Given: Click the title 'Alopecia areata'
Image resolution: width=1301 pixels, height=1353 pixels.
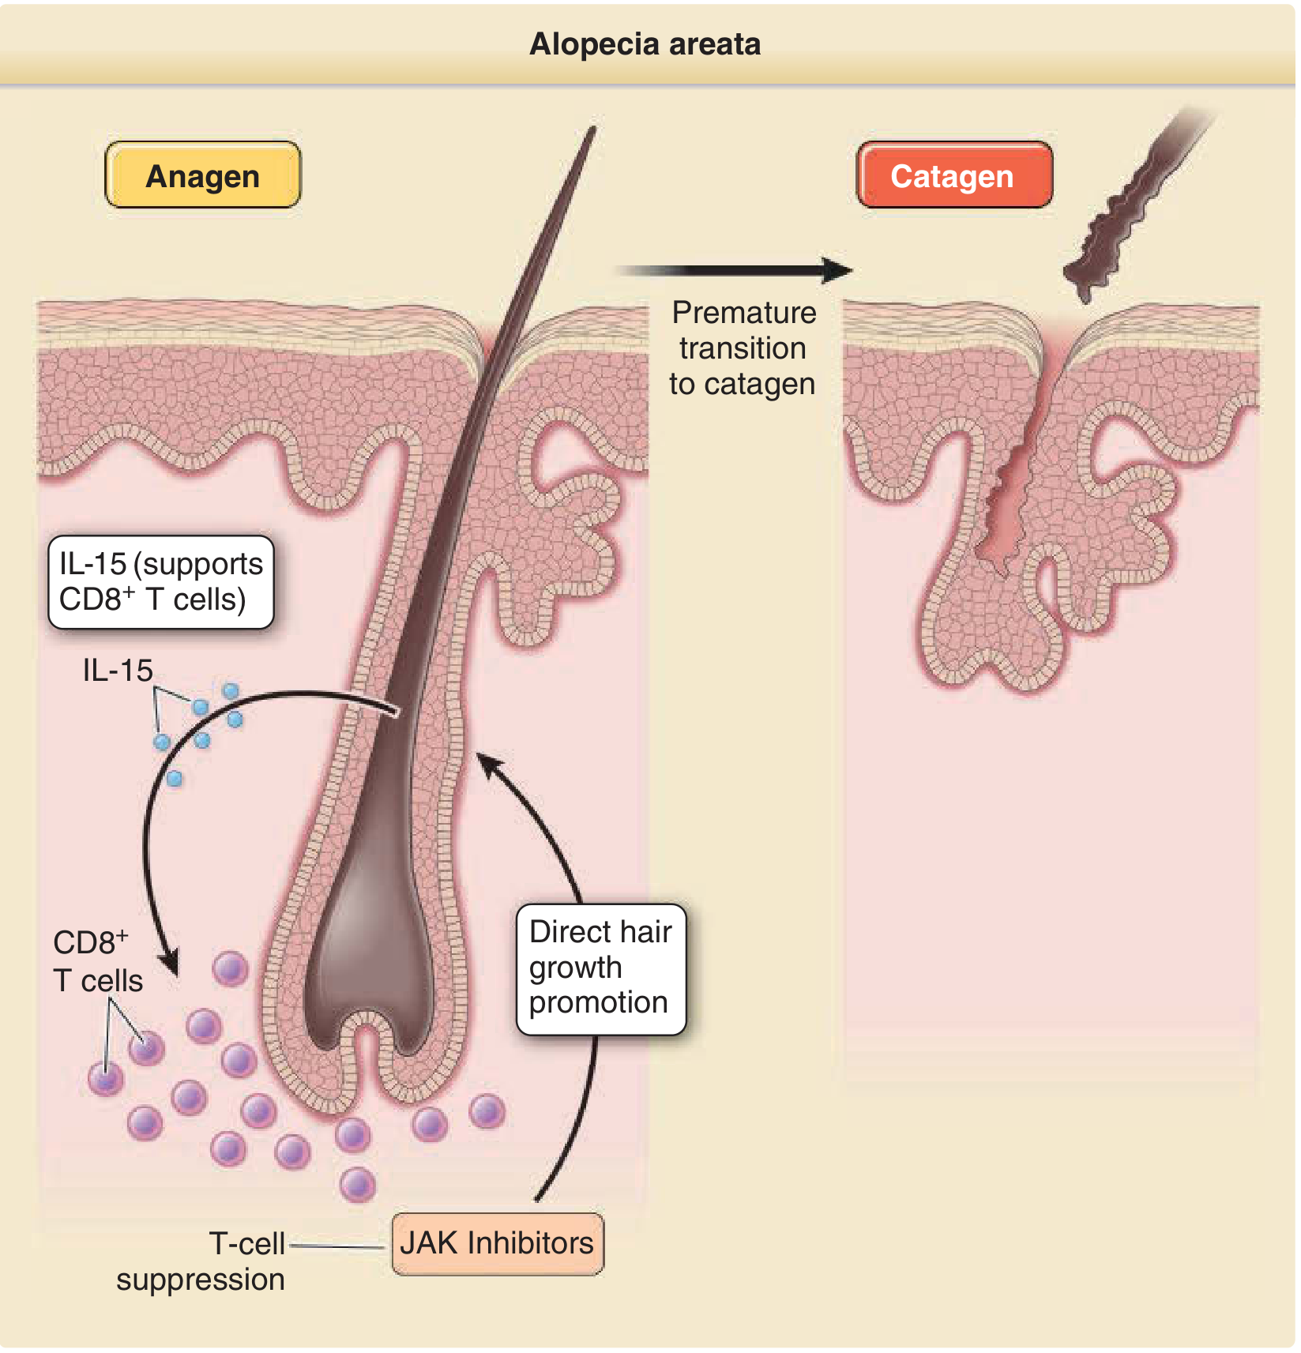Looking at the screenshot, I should pyautogui.click(x=645, y=44).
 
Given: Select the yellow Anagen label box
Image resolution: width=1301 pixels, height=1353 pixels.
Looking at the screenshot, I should pyautogui.click(x=202, y=175).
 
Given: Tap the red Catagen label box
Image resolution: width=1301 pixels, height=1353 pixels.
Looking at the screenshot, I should pyautogui.click(x=953, y=175).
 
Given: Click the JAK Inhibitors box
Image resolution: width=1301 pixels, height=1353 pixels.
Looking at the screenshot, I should pyautogui.click(x=497, y=1243).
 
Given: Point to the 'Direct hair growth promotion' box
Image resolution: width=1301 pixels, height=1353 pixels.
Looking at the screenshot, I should pyautogui.click(x=600, y=968).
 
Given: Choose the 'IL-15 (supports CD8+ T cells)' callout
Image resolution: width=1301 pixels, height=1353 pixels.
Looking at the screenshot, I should pyautogui.click(x=161, y=582).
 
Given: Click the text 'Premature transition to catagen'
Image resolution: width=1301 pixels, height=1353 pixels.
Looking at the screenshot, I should pyautogui.click(x=743, y=348).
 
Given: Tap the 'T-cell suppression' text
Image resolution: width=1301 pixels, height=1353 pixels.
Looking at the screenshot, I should pyautogui.click(x=202, y=1261).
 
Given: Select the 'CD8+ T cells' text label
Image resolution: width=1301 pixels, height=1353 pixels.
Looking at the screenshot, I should pyautogui.click(x=97, y=962).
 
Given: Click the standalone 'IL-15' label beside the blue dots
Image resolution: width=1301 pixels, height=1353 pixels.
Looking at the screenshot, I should pyautogui.click(x=118, y=671).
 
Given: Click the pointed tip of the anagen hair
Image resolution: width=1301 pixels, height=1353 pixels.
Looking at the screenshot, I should pyautogui.click(x=592, y=131).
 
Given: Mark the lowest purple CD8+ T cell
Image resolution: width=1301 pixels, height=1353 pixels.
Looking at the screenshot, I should pyautogui.click(x=357, y=1184).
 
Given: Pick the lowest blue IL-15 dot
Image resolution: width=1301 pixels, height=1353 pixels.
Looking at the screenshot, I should pyautogui.click(x=175, y=779).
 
